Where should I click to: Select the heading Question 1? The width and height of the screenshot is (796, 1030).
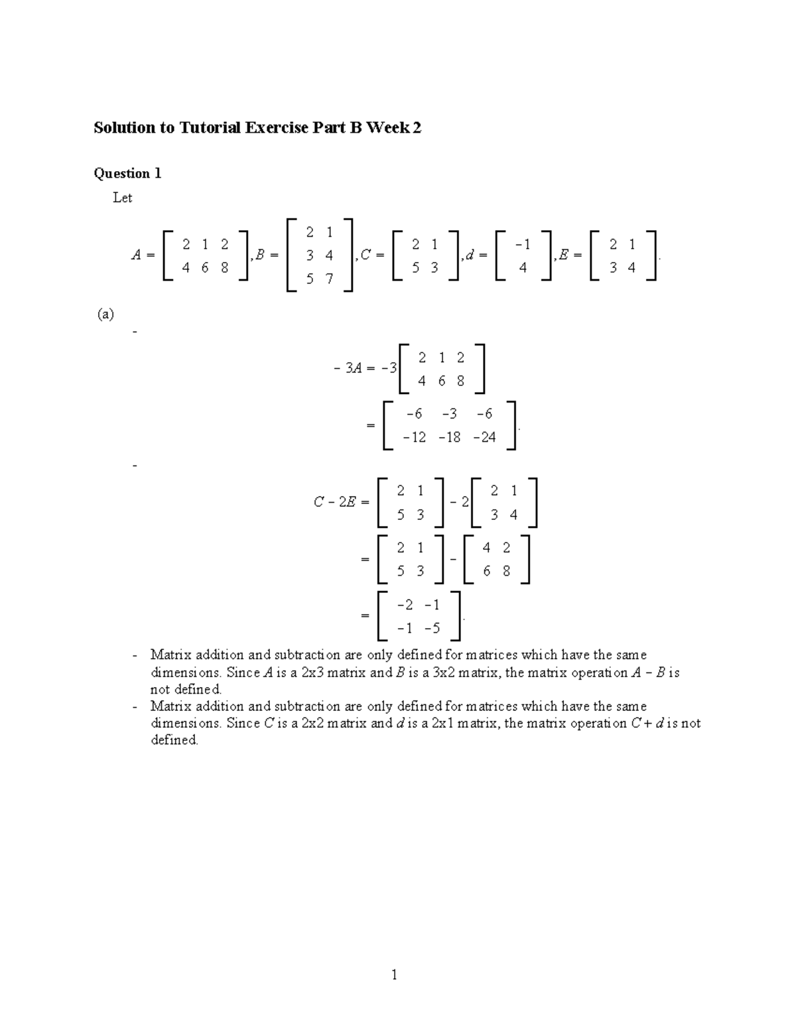tap(127, 174)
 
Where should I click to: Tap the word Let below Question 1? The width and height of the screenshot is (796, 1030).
tap(123, 198)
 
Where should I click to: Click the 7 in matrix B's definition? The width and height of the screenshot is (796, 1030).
tap(329, 279)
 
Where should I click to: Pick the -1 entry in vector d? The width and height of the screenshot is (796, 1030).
tap(523, 245)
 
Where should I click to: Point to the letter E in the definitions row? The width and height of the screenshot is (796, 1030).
tap(564, 255)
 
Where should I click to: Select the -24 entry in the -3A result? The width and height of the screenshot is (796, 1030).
tap(485, 438)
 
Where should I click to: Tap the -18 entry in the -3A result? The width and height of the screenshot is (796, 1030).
tap(449, 438)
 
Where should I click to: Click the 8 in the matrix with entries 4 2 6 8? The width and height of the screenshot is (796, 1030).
tap(506, 571)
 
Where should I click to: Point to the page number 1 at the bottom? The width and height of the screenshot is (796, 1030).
tap(394, 974)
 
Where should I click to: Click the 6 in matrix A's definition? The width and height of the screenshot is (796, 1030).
tap(205, 268)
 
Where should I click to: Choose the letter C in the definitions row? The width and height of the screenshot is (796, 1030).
tap(365, 255)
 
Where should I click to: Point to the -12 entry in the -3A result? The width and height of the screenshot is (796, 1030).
tap(415, 438)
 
